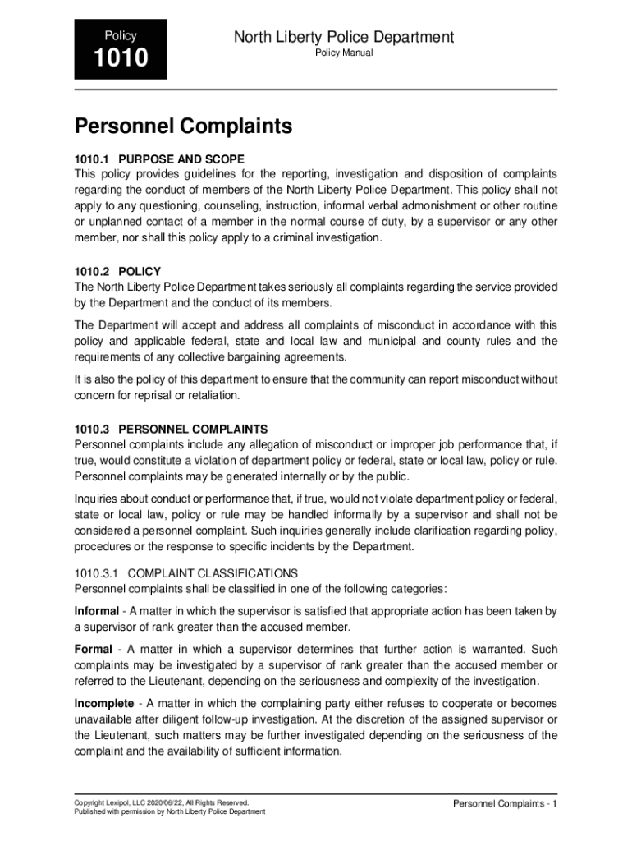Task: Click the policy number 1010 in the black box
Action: click(x=121, y=59)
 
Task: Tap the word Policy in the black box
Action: click(x=121, y=36)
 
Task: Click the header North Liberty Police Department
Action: click(x=344, y=37)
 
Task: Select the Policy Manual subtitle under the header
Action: click(x=344, y=53)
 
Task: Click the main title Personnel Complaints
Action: click(x=183, y=126)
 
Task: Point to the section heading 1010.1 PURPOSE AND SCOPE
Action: click(x=159, y=159)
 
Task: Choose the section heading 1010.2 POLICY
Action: click(x=117, y=271)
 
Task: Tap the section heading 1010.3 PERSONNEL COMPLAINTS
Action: click(x=171, y=429)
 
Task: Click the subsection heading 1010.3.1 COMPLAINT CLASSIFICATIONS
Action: click(x=186, y=572)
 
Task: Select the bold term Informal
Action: click(x=97, y=611)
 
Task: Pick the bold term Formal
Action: click(x=93, y=650)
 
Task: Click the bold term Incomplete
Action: click(x=103, y=704)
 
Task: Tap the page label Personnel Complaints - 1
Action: click(x=505, y=803)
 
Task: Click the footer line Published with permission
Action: click(x=170, y=812)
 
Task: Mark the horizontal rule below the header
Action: click(x=316, y=90)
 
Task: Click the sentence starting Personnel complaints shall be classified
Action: click(x=261, y=588)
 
